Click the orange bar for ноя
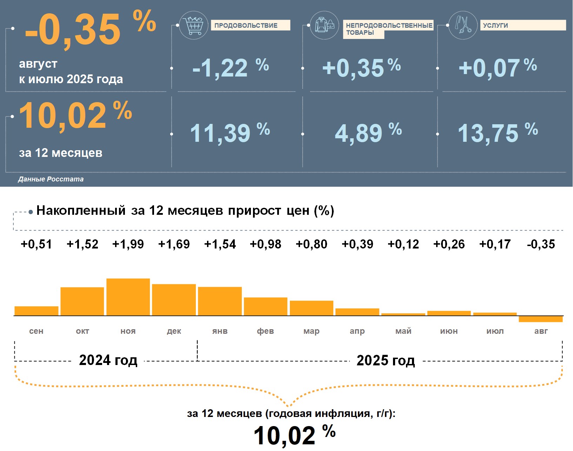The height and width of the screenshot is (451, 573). coord(128,297)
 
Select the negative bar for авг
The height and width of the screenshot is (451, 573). coord(541,319)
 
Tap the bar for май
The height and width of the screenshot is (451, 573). coord(403,314)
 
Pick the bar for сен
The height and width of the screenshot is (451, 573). coord(36,311)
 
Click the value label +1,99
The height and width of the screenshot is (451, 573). coord(128,244)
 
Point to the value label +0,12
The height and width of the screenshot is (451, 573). coord(403,244)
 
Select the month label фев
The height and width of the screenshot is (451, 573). coord(265,331)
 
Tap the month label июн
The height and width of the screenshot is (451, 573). coord(449,331)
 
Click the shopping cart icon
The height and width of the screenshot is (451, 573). coord(193,25)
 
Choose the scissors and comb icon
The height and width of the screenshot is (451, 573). coord(463,25)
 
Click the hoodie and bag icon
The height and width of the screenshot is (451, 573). coord(325,25)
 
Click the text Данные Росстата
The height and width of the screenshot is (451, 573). coord(51,179)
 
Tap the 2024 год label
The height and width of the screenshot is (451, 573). coord(108,360)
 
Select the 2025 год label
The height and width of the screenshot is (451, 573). coord(386,360)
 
